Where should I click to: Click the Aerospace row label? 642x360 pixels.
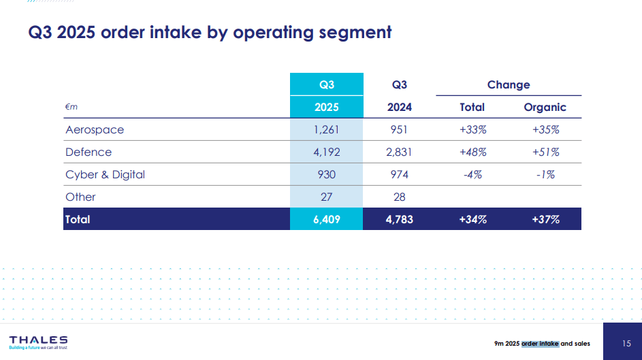(95, 130)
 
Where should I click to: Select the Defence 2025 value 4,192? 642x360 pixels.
(327, 152)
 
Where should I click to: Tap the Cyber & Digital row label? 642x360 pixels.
(106, 175)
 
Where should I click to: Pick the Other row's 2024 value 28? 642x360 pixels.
(399, 197)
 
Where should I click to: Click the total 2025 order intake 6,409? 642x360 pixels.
(327, 219)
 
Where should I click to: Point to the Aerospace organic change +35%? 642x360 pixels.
(546, 130)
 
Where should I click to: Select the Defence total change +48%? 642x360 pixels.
(473, 152)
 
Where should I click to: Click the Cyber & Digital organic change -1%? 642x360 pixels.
(546, 175)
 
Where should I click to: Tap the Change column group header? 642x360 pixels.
(509, 84)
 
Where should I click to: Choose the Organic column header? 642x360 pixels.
(545, 108)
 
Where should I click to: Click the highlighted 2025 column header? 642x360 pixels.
(327, 107)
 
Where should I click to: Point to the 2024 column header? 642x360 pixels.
(400, 107)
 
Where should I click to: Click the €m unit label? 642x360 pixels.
(71, 107)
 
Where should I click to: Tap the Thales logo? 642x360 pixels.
(39, 343)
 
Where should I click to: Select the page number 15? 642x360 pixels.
(626, 344)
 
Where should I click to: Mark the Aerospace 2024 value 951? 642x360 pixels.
(399, 130)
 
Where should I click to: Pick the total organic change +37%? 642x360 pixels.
(546, 219)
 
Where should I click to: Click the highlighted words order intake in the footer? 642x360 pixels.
(540, 344)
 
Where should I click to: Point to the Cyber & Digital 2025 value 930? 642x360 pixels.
(327, 175)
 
